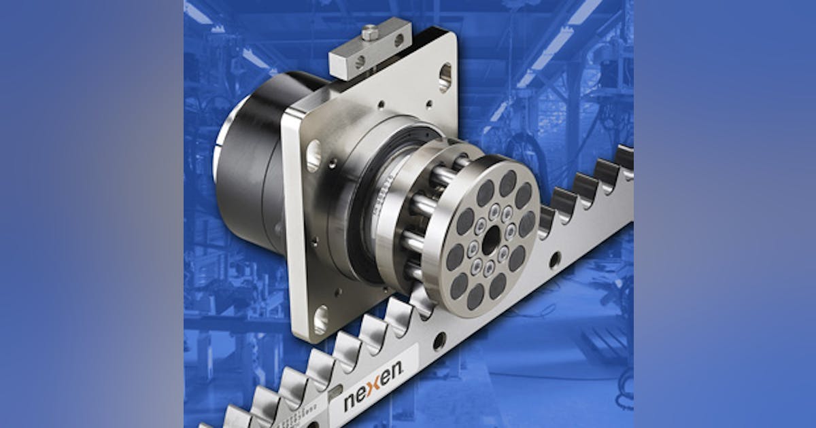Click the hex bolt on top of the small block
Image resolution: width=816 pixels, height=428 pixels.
click(x=369, y=32)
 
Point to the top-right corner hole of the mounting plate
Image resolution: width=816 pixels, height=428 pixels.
click(x=445, y=77)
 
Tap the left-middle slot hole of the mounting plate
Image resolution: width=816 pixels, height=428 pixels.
click(x=313, y=156)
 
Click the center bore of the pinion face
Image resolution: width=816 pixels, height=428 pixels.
click(x=490, y=240)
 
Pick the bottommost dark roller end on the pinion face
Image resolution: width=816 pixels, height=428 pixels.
click(x=475, y=297)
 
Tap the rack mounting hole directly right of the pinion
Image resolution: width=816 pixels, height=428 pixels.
click(x=556, y=260)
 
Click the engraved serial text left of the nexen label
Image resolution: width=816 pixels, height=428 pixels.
click(x=303, y=414)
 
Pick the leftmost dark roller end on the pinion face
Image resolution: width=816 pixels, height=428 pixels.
click(x=454, y=257)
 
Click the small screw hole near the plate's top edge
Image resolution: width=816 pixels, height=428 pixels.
click(x=428, y=105)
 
